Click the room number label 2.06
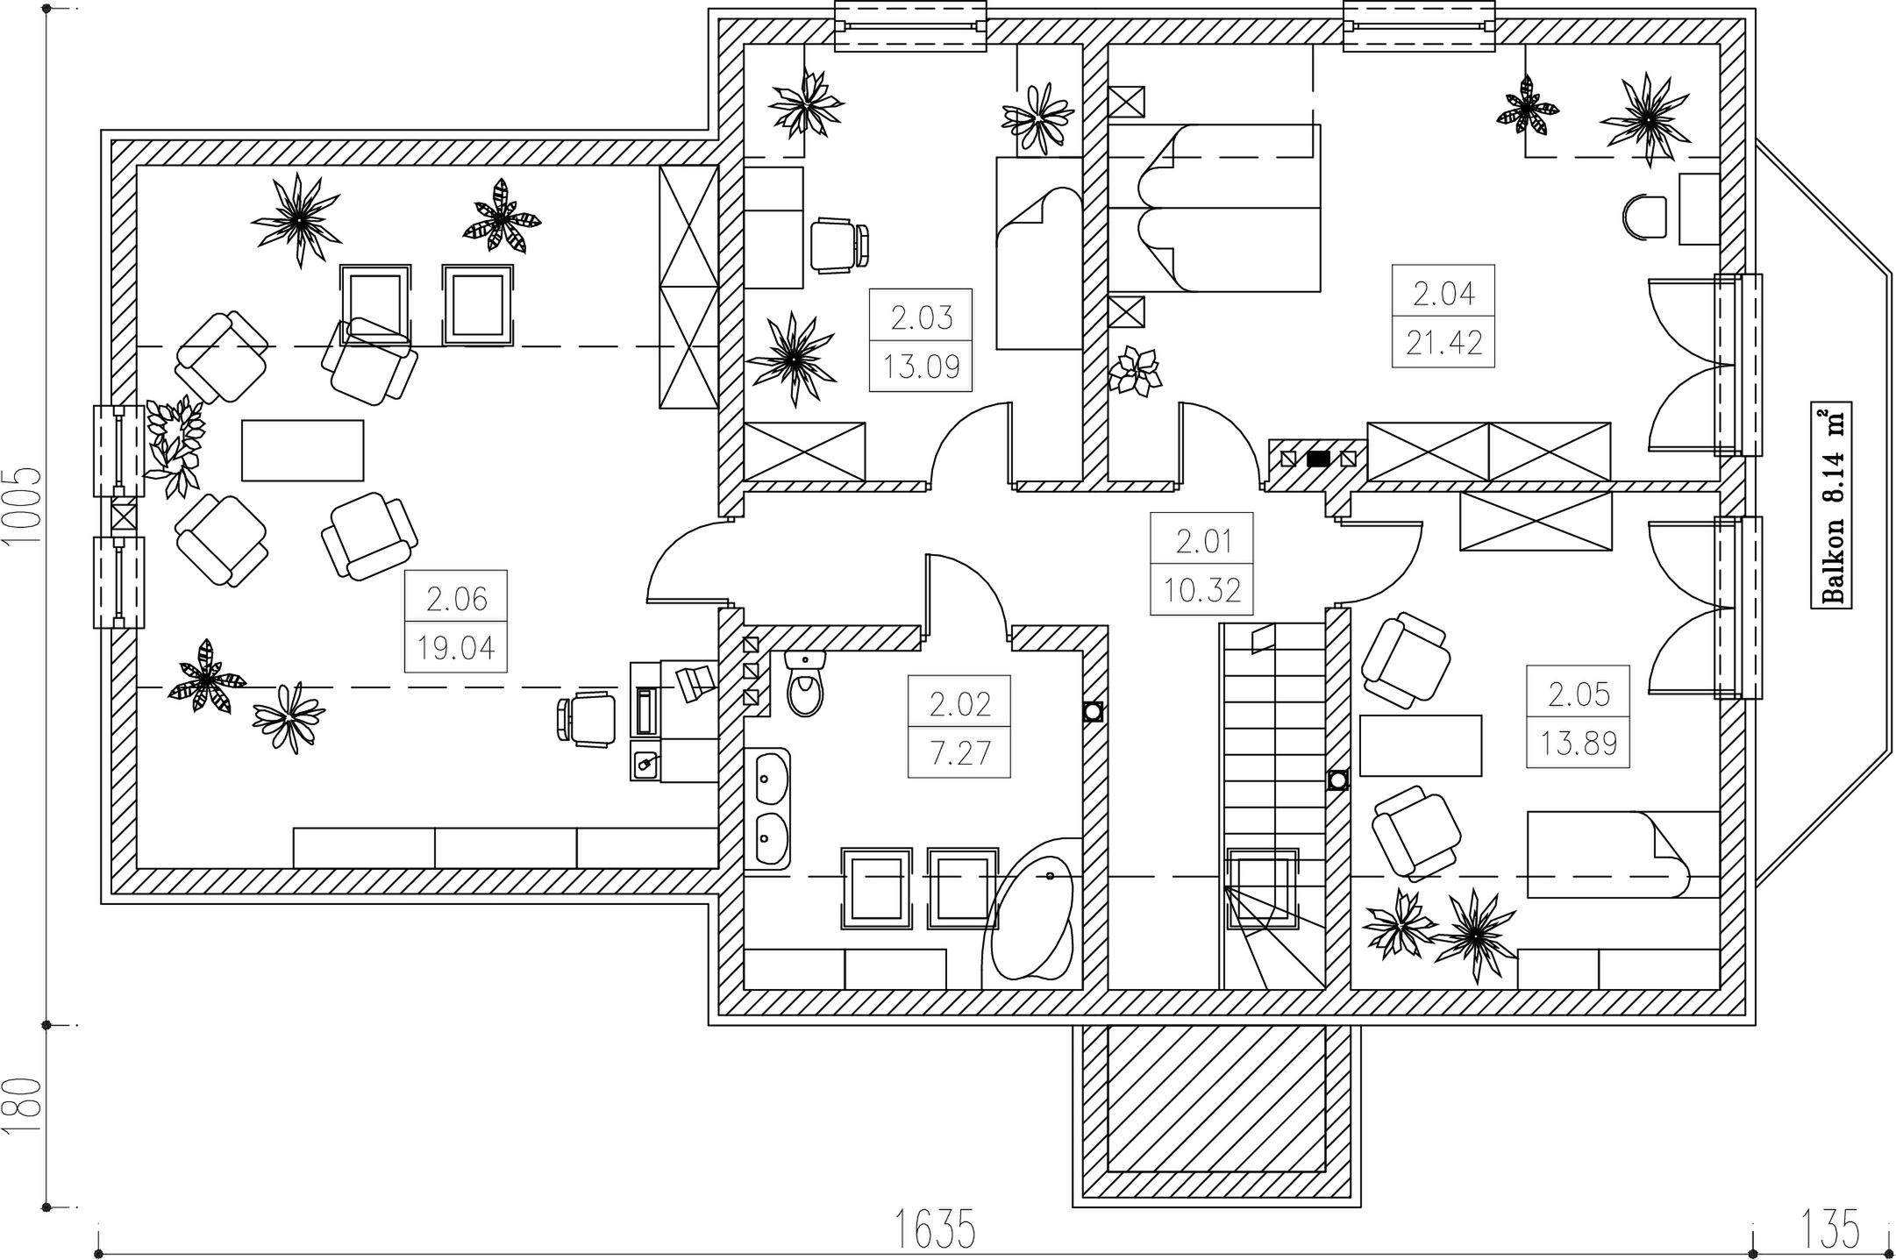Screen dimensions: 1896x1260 (456, 600)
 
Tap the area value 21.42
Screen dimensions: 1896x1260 (1443, 342)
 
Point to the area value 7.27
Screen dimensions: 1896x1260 (959, 753)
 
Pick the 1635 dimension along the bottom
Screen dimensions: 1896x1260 (935, 1229)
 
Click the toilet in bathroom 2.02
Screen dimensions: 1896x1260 (805, 683)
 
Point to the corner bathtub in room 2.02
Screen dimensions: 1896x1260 (1030, 918)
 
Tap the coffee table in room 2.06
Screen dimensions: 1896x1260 (303, 451)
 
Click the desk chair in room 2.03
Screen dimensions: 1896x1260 (839, 245)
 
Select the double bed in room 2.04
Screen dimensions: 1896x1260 (1215, 208)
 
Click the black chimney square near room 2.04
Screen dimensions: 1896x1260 (1317, 458)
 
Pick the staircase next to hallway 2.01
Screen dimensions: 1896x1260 (1272, 806)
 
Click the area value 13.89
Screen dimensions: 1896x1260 (1578, 744)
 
